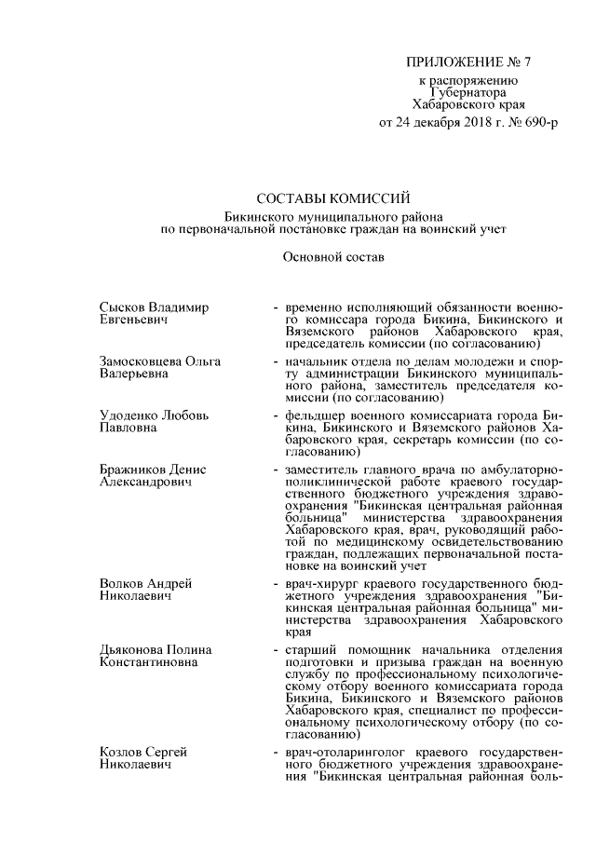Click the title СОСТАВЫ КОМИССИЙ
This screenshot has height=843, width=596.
click(x=332, y=197)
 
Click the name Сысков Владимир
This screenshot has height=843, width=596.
click(x=154, y=306)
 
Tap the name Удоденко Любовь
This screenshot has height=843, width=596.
click(x=155, y=415)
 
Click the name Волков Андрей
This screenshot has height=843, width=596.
click(x=145, y=583)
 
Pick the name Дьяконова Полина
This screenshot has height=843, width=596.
click(x=156, y=649)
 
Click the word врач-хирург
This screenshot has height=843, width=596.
click(x=320, y=583)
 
